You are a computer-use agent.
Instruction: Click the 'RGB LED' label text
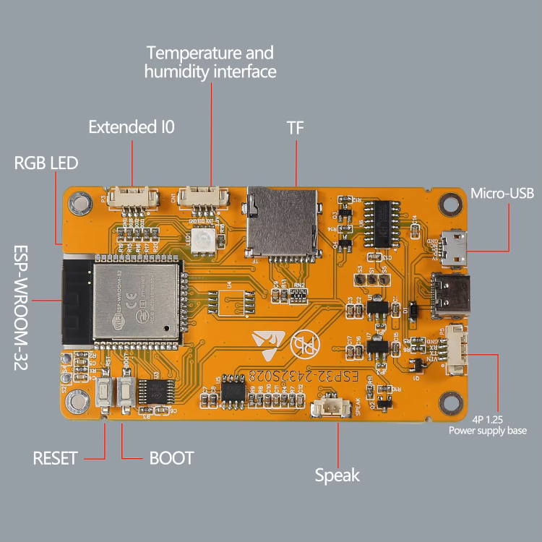click(46, 163)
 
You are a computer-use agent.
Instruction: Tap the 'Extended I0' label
click(132, 128)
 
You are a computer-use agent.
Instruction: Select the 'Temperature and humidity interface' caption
click(210, 62)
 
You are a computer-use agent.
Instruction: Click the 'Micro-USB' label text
click(502, 193)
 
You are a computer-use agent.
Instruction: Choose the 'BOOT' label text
click(171, 458)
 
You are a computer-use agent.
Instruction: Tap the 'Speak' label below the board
click(337, 475)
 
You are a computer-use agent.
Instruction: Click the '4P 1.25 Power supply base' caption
click(488, 425)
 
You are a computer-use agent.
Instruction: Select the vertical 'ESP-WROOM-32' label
click(22, 308)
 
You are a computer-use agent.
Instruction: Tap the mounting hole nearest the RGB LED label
click(77, 205)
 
